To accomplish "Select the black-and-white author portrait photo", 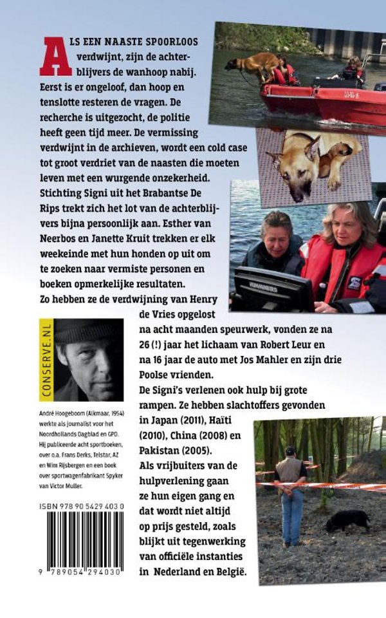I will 89,360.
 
